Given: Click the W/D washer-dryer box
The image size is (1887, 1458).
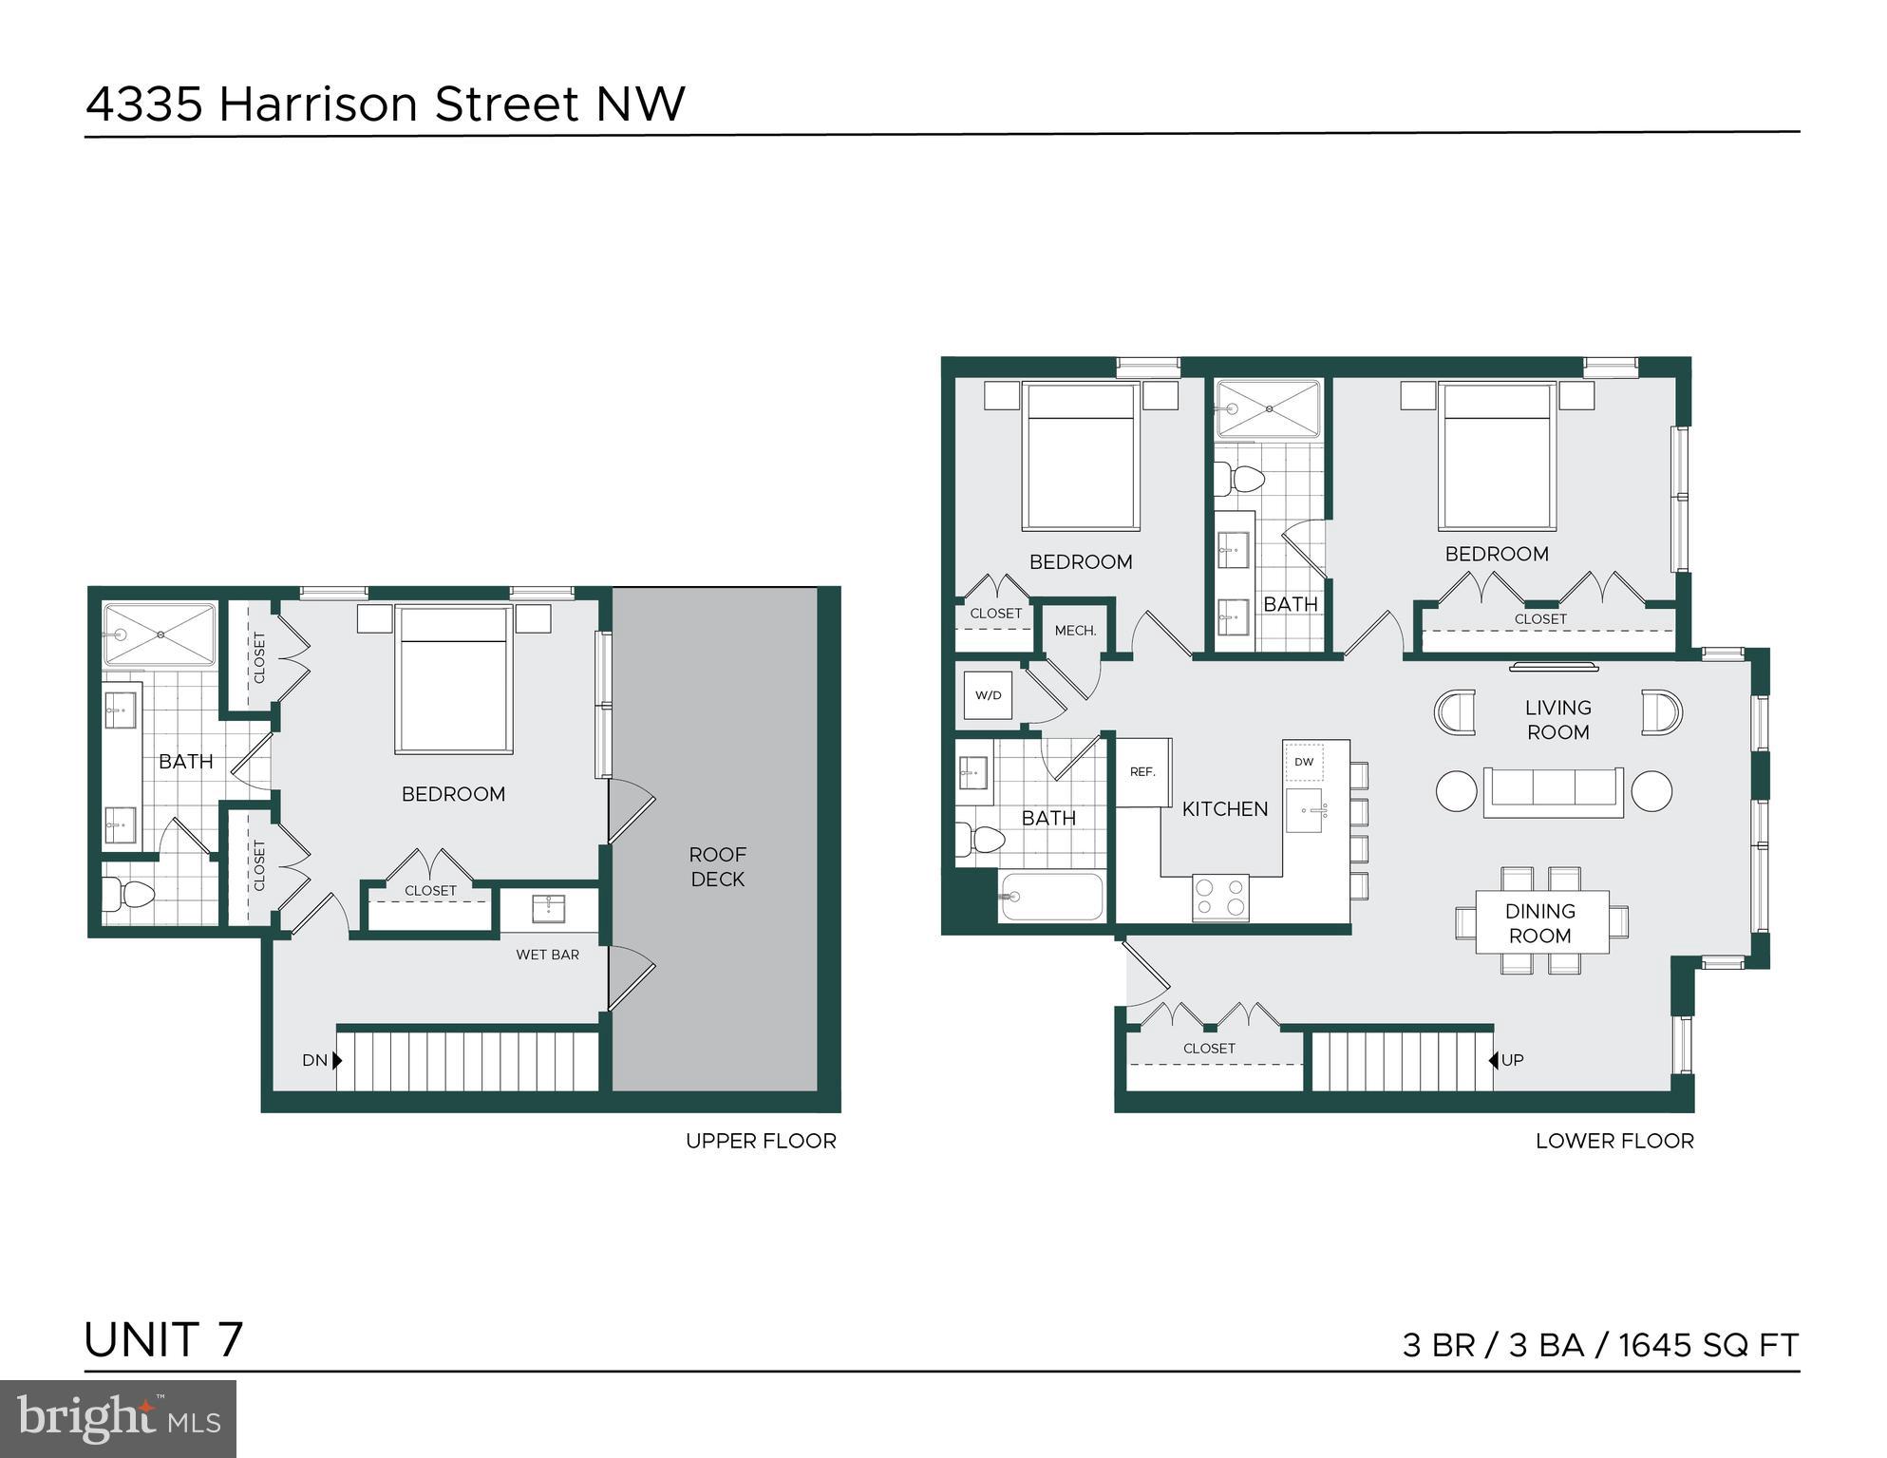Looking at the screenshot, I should click(x=988, y=695).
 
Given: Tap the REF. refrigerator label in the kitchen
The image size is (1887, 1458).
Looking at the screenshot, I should click(x=1142, y=772).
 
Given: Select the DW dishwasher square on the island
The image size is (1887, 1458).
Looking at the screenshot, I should click(x=1304, y=762).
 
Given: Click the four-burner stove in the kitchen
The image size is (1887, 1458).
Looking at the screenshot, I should click(x=1220, y=898).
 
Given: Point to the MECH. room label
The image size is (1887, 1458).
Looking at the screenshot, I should click(x=1075, y=631).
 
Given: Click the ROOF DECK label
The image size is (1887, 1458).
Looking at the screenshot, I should click(x=717, y=866).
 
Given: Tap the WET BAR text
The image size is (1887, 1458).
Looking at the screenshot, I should click(x=547, y=955).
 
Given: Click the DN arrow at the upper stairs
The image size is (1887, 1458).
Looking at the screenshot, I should click(x=337, y=1060).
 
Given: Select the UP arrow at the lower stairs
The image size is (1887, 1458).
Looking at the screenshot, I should click(x=1494, y=1060).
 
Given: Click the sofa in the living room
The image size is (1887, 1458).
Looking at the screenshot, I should click(x=1553, y=791).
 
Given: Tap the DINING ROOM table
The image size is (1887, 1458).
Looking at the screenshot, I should click(x=1540, y=922).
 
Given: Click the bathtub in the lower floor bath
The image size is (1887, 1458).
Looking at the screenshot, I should click(x=1050, y=897).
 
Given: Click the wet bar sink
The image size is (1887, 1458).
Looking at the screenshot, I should click(x=548, y=909).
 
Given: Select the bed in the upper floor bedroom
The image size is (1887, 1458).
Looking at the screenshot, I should click(x=454, y=680).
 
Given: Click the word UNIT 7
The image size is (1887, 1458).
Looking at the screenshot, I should click(x=163, y=1339).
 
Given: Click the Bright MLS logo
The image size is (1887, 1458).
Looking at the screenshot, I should click(x=118, y=1418).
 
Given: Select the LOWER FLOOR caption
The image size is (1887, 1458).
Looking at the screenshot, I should click(x=1613, y=1141).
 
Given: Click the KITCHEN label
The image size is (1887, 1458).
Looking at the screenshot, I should click(x=1224, y=809).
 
